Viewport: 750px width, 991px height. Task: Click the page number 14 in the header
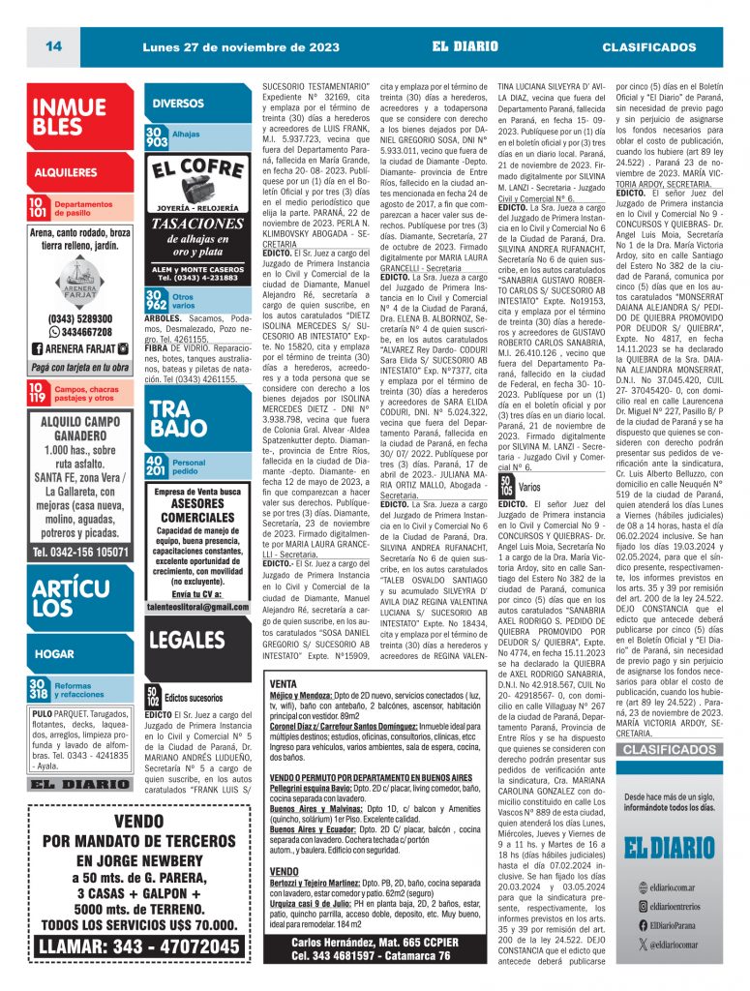pos(52,46)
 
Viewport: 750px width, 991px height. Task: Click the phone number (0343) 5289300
pos(80,318)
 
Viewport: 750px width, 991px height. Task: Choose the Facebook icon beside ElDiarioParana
pos(629,925)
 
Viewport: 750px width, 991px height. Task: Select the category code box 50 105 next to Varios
pos(506,488)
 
